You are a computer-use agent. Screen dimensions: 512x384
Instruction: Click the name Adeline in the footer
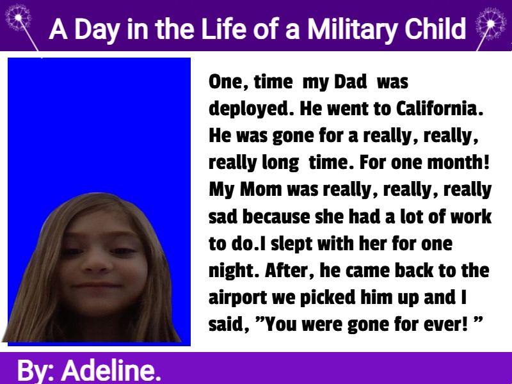coord(111,371)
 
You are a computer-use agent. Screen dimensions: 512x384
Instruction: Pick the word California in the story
coord(440,109)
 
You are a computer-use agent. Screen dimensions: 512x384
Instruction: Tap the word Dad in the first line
coord(350,82)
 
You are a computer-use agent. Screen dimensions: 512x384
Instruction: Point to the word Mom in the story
coord(261,189)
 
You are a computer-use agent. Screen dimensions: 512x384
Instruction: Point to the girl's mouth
coord(97,285)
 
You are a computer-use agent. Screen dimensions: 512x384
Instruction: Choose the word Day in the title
coord(97,30)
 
